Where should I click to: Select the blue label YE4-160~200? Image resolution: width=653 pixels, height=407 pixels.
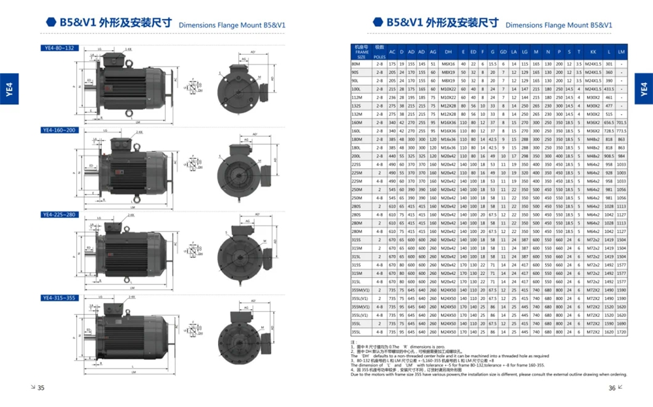pos(60,130)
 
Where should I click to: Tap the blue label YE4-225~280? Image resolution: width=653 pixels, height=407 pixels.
pos(60,214)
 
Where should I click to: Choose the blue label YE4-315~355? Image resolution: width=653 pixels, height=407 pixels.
pos(60,297)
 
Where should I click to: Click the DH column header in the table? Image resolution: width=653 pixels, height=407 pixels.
pos(449,52)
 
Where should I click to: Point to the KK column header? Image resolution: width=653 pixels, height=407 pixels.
pos(593,52)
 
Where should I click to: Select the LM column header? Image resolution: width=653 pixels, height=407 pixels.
pos(622,52)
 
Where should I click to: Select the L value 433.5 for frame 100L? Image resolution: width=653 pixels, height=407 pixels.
pos(609,88)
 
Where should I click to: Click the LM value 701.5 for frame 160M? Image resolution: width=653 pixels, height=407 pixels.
pos(622,122)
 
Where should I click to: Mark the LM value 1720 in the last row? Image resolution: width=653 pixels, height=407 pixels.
pos(622,331)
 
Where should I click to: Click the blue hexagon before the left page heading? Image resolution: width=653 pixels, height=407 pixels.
pos(51,22)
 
